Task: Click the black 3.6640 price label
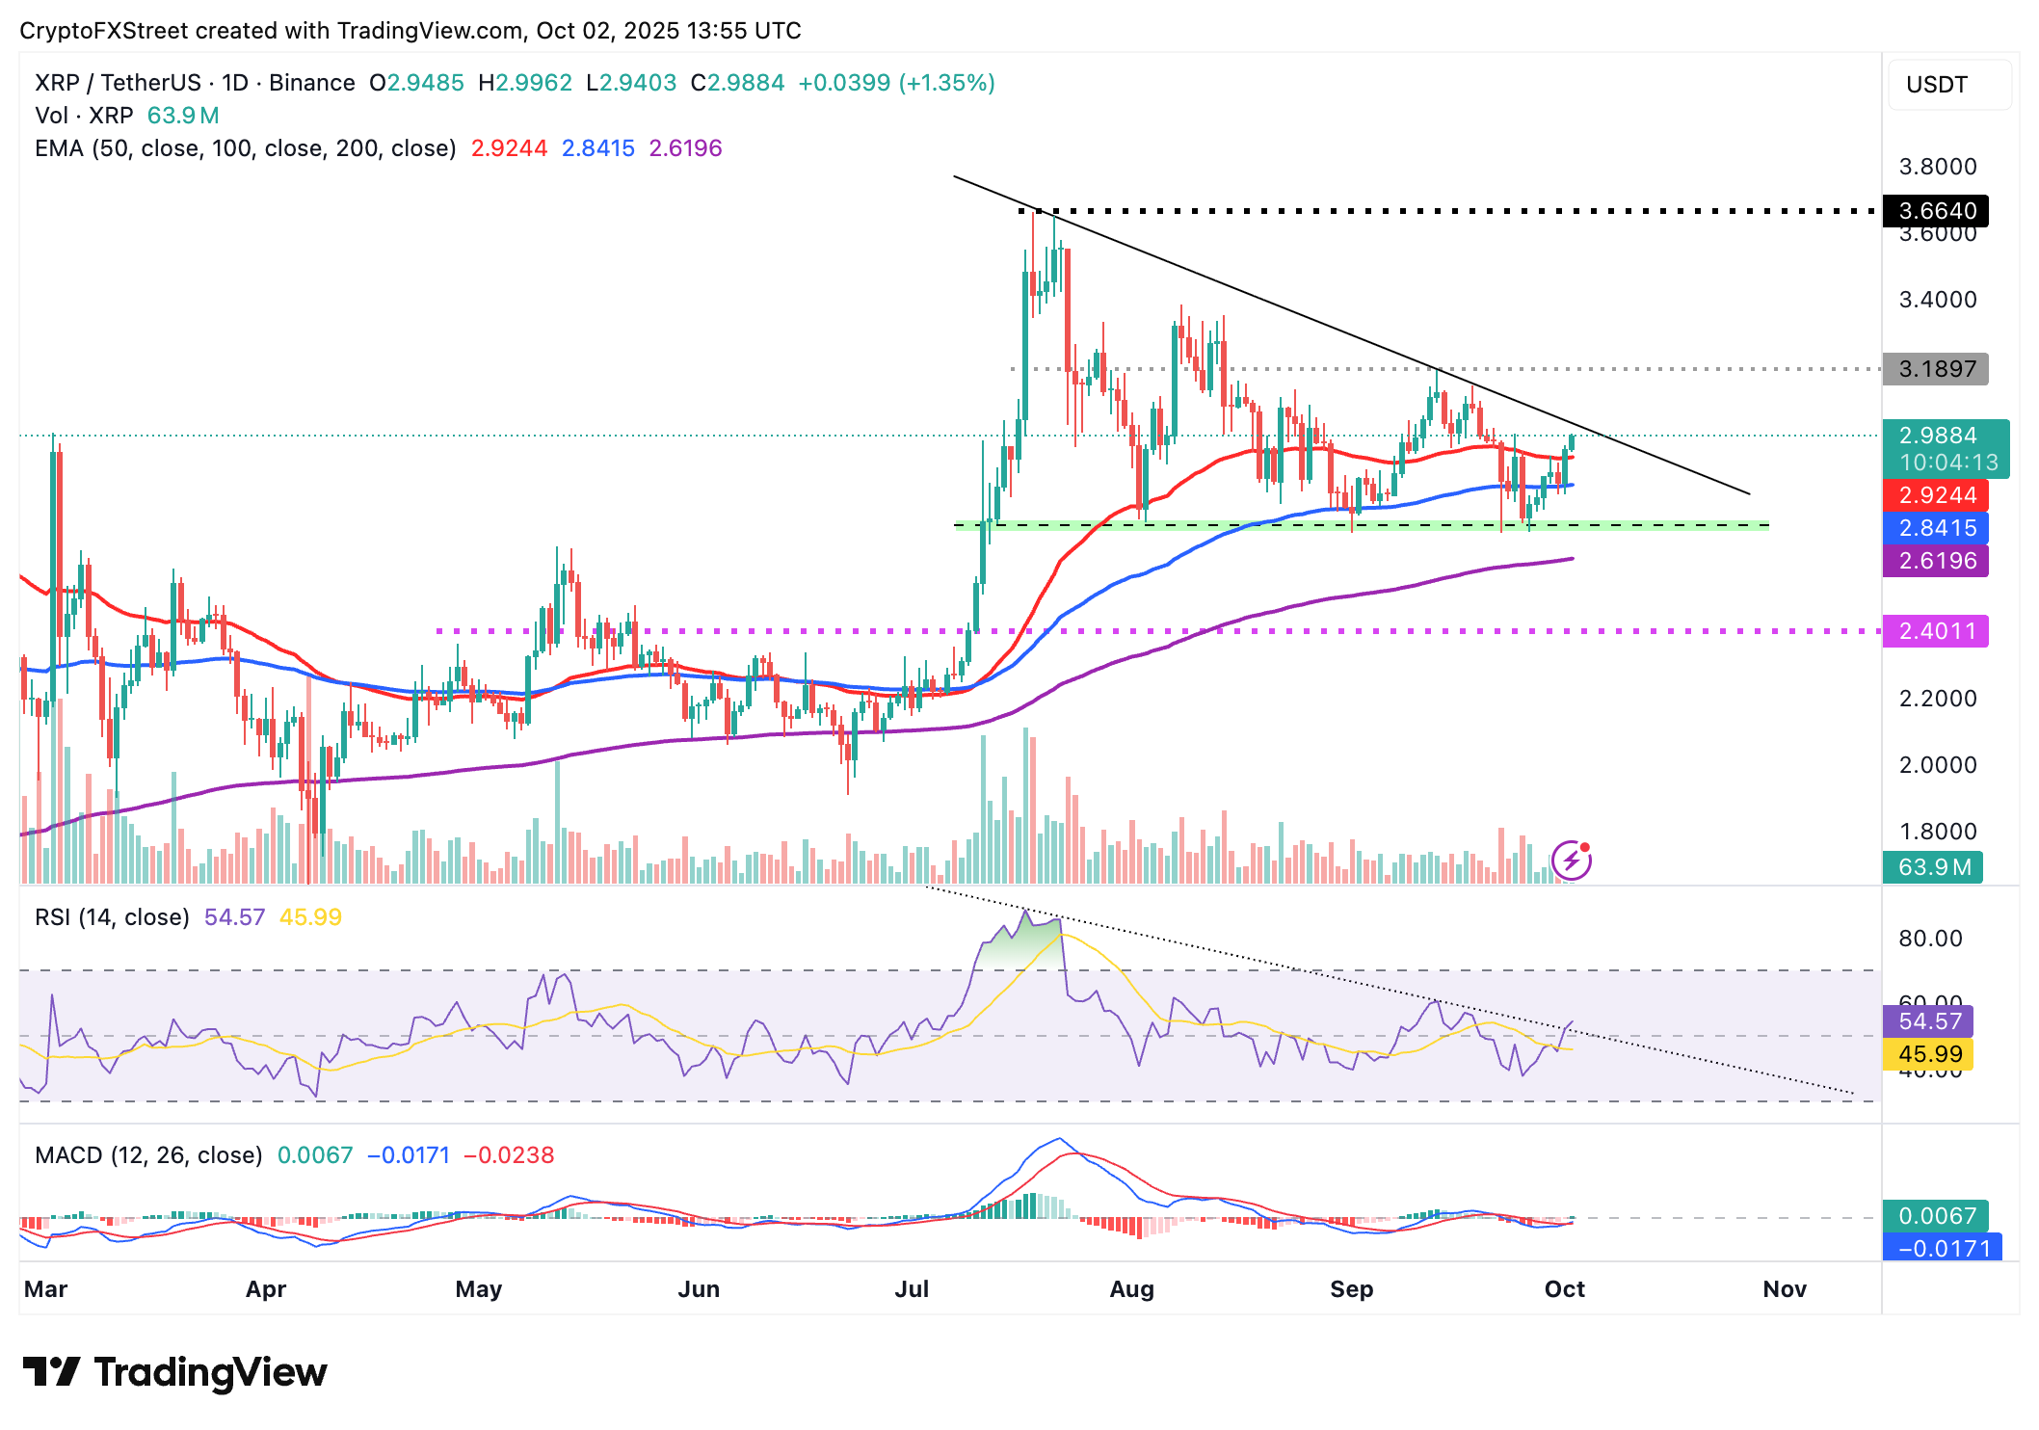1936,211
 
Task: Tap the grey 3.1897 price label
1936,369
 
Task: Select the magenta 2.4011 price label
1936,631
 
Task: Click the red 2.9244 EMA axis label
1936,495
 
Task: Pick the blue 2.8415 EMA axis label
1936,528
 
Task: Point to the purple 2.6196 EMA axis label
1936,561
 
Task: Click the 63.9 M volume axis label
1933,867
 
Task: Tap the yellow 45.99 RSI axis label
1929,1054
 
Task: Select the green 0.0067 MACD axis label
1936,1216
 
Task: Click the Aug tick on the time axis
1131,1289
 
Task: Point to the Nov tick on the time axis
1784,1289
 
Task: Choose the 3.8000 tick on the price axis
1937,167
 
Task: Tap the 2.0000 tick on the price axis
1937,765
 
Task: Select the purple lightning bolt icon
1571,861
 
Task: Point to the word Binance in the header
312,83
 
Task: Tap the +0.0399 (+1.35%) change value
896,83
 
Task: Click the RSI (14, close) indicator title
112,917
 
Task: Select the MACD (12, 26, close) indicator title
148,1155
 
